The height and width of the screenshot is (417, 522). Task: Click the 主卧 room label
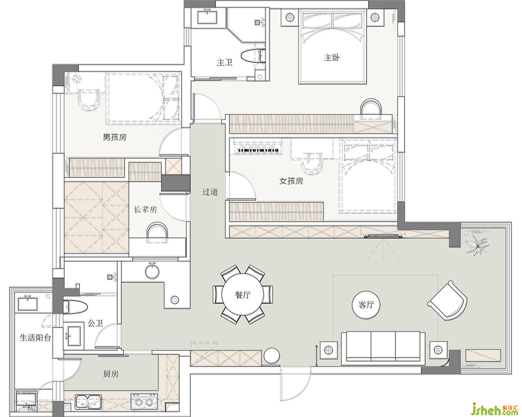click(332, 58)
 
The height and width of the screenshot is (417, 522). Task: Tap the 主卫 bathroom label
click(225, 62)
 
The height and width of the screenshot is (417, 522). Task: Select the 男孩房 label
click(115, 137)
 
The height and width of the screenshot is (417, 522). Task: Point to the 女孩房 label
click(291, 181)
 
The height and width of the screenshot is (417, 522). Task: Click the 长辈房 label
click(145, 210)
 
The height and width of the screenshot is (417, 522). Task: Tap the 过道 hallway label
click(210, 192)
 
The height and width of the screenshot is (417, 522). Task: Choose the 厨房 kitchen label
click(111, 374)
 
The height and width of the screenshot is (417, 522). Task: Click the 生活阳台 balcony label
click(35, 338)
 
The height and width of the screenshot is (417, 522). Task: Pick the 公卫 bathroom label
click(95, 323)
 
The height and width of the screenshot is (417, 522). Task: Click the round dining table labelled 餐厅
click(243, 295)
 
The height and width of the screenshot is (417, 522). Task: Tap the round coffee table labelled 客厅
click(366, 304)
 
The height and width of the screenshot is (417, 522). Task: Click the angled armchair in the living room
click(447, 300)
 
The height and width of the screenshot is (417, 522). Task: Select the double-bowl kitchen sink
click(89, 401)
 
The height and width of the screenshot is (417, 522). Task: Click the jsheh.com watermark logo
click(496, 408)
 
